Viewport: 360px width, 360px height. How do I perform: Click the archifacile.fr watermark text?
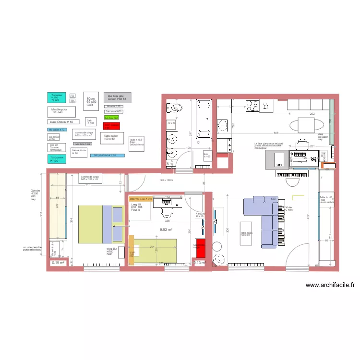(x=330, y=285)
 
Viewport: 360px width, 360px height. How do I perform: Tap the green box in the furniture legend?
(x=111, y=117)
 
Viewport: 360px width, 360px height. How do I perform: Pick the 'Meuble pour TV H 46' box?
(x=62, y=112)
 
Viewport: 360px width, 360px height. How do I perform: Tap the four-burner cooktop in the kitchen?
(x=252, y=105)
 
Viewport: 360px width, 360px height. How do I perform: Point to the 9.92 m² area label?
(x=166, y=229)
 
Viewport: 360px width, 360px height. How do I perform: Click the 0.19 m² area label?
(x=58, y=263)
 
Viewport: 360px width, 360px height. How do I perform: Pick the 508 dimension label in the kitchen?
(x=263, y=133)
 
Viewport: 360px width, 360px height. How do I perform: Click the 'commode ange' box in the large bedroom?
(x=90, y=179)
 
